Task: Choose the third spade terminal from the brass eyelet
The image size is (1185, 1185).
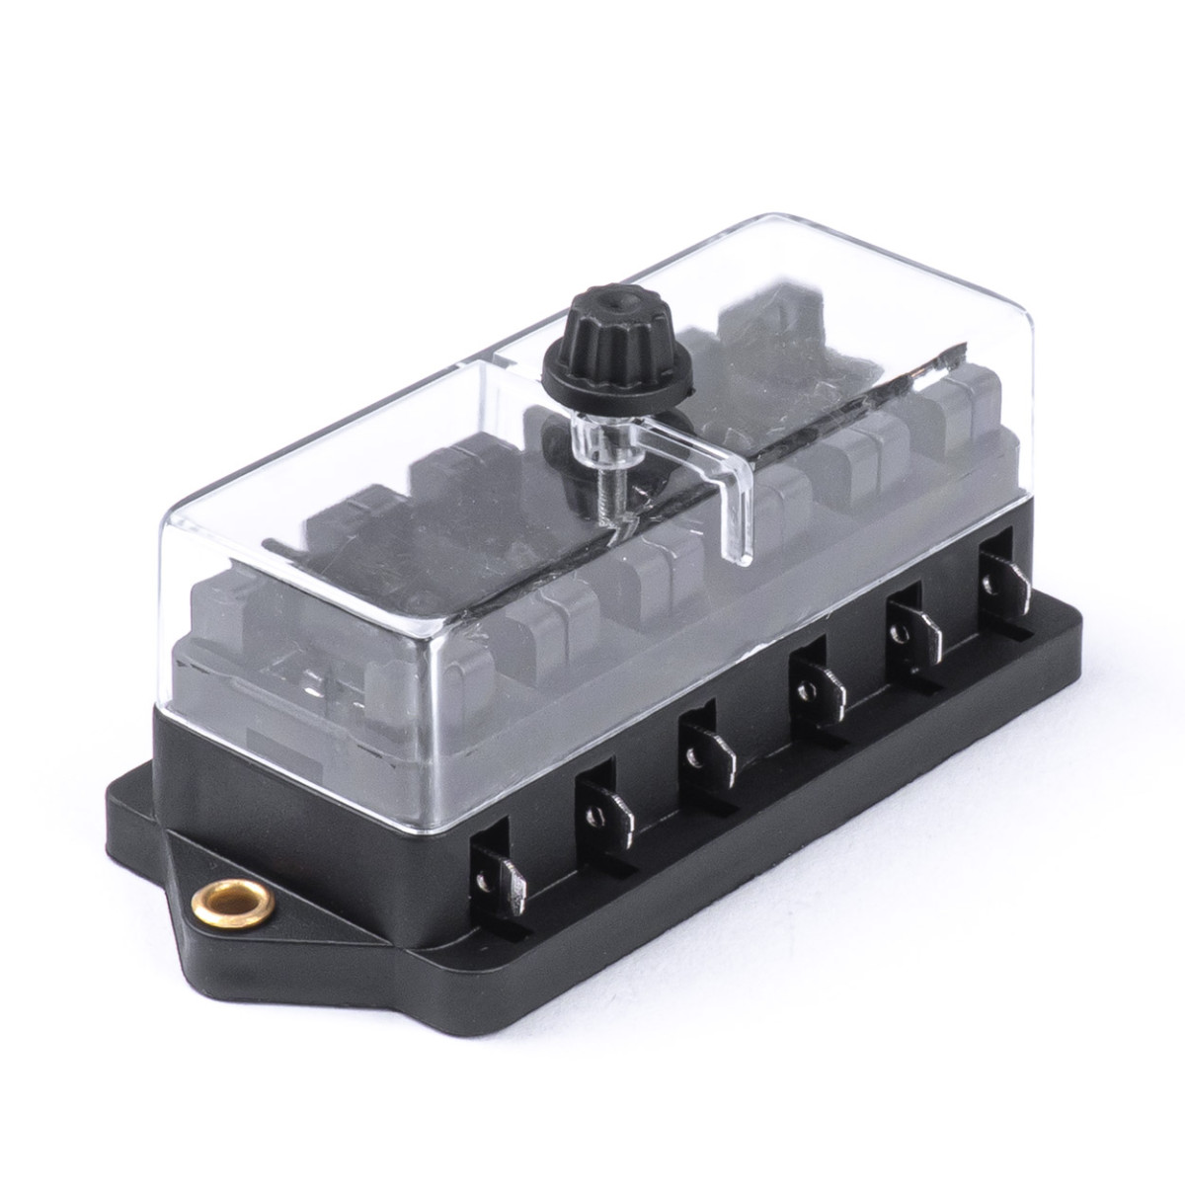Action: (x=704, y=747)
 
